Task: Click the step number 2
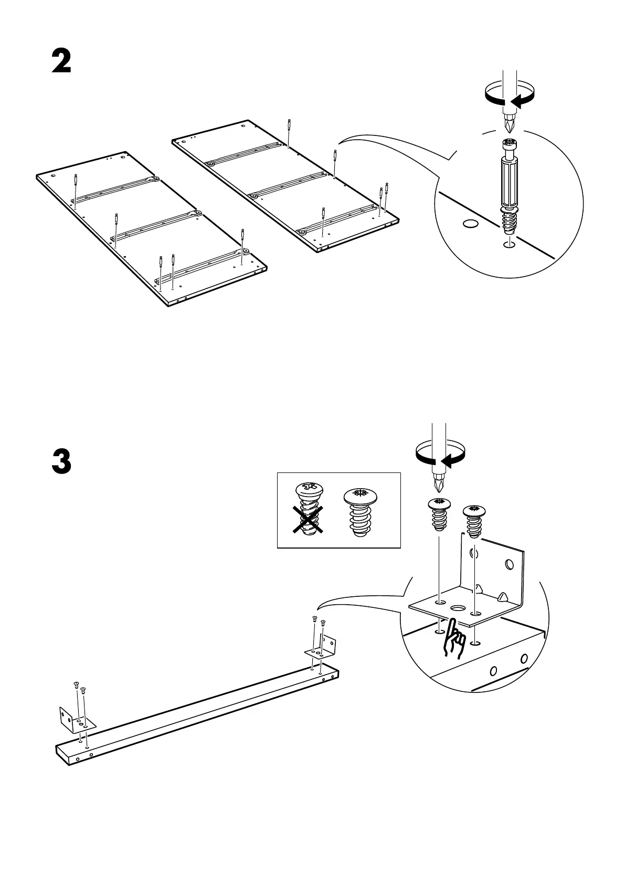[61, 62]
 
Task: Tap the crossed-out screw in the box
[310, 509]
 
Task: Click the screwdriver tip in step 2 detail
[508, 124]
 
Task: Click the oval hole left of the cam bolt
[471, 224]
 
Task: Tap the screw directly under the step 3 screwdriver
[440, 515]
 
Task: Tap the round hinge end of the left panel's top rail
[155, 179]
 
